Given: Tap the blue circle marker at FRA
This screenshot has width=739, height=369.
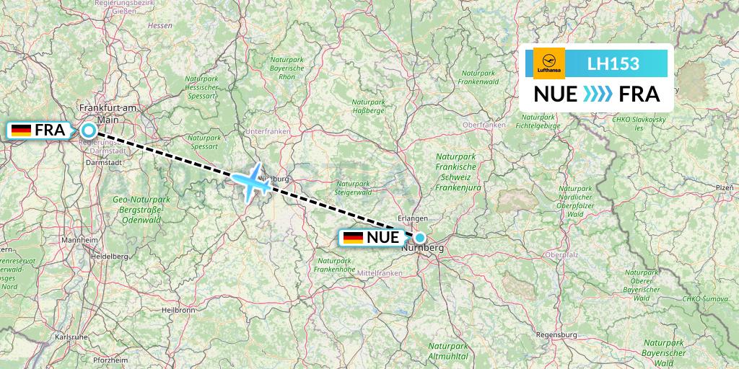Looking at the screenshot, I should (88, 130).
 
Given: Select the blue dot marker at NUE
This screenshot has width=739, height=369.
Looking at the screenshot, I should (420, 237).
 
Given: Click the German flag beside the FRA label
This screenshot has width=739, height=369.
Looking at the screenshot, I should (22, 130).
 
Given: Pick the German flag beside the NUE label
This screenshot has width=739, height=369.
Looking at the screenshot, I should (354, 237).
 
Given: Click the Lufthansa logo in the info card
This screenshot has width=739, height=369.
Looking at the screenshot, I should (548, 63).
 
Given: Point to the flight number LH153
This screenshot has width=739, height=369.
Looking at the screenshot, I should (613, 63).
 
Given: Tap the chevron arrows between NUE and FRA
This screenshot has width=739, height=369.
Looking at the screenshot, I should (597, 94).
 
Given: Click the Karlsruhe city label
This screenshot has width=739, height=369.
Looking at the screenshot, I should (71, 337).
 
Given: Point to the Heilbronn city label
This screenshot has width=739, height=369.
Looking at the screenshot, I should (178, 310).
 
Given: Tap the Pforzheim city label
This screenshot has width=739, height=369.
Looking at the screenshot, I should (110, 359).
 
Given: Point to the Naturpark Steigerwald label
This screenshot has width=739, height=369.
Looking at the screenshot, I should (353, 188).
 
